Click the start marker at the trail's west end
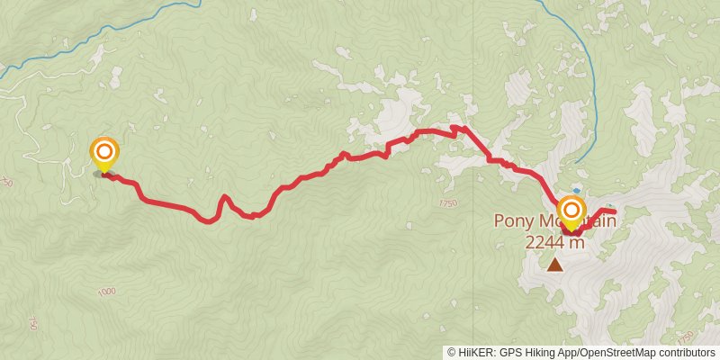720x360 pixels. click(x=104, y=152)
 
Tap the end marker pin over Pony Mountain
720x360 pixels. click(x=571, y=211)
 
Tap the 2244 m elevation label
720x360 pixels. click(x=555, y=241)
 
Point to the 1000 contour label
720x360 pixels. click(x=107, y=291)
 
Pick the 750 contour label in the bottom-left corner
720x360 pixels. click(x=33, y=323)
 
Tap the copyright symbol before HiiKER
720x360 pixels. click(x=452, y=352)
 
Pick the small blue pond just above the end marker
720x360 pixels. click(x=576, y=190)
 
